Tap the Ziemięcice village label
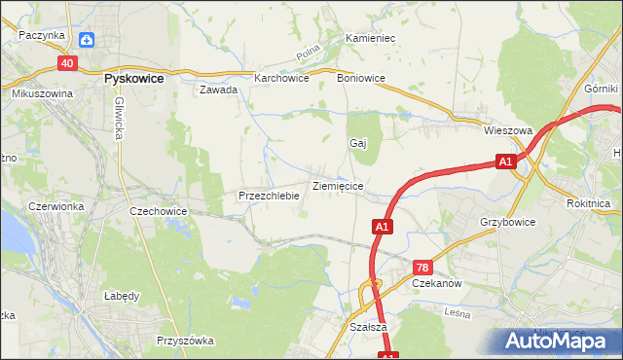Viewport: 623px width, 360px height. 338,185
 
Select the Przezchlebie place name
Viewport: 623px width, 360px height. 268,196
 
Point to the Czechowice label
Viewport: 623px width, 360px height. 158,210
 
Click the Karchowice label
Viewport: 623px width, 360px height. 281,78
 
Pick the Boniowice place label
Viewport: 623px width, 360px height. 360,78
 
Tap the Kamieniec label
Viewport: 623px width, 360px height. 369,39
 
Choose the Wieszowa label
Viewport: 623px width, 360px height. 506,128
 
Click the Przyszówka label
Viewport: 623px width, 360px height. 185,341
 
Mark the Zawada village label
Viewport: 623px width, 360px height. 219,90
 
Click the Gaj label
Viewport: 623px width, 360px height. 357,143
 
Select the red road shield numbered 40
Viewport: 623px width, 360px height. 66,63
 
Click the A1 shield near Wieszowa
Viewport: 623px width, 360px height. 504,162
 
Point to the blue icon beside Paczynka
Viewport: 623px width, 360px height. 87,39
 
